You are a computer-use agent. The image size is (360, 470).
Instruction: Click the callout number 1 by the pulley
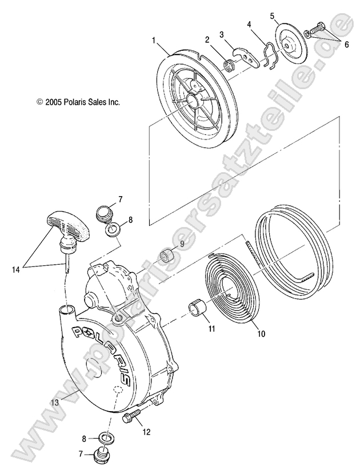tap(153, 42)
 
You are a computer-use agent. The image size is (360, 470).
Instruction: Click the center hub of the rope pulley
tap(191, 103)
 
